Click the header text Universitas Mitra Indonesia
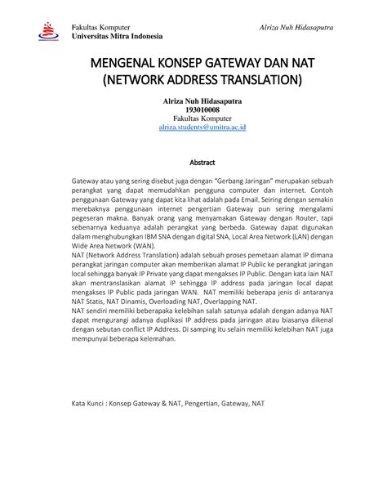click(118, 37)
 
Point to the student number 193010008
click(193, 110)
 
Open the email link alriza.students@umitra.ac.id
click(193, 128)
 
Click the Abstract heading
click(193, 162)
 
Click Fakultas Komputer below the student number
click(193, 119)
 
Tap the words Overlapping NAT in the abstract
click(225, 323)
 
